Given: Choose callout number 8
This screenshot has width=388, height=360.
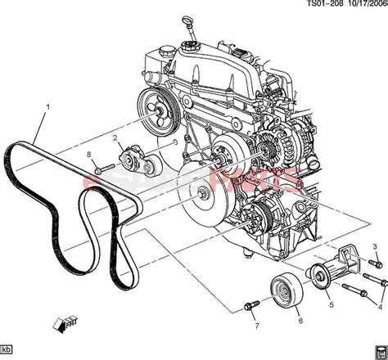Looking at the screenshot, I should pyautogui.click(x=87, y=155).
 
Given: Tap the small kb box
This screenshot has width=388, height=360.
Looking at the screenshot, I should pyautogui.click(x=8, y=353).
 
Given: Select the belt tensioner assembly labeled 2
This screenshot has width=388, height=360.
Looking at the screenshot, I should pyautogui.click(x=136, y=159).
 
